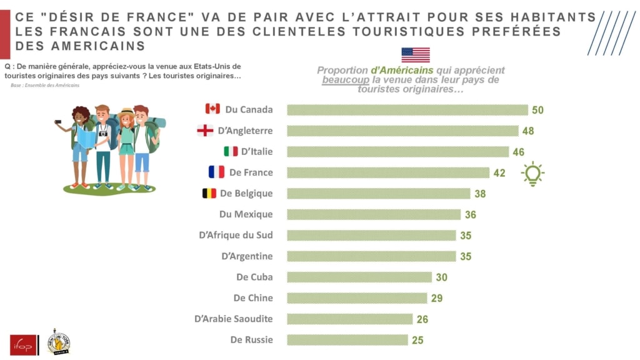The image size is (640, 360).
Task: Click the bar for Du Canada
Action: tap(407, 110)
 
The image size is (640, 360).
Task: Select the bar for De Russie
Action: tap(347, 340)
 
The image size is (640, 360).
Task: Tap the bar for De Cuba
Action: tap(359, 277)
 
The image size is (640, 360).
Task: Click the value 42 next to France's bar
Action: tap(499, 173)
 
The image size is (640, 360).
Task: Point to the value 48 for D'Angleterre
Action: tap(527, 131)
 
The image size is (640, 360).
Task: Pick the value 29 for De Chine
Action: tap(436, 298)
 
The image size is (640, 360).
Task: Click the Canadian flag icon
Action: tap(212, 109)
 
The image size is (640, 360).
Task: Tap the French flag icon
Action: tap(216, 172)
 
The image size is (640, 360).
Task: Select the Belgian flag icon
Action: tap(209, 193)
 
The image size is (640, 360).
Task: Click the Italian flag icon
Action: tap(231, 151)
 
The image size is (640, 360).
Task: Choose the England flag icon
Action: tap(205, 131)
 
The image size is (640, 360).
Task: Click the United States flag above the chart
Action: tap(416, 55)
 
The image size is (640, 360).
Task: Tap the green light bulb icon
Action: tap(532, 174)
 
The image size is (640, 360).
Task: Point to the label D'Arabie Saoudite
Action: tap(233, 319)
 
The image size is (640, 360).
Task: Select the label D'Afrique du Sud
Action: tap(235, 235)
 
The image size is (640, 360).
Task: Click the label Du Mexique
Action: tap(246, 214)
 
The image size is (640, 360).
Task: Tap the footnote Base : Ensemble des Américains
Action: tap(45, 86)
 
